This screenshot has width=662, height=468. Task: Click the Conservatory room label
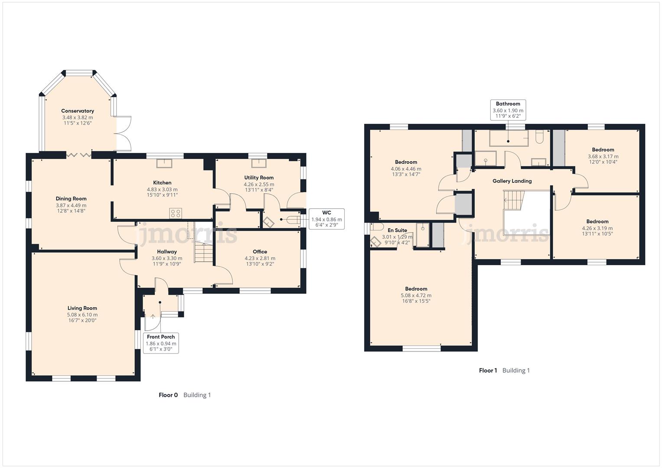pyautogui.click(x=77, y=111)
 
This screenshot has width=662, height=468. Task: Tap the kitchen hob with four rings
pyautogui.click(x=176, y=213)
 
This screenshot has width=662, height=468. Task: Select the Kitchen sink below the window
pyautogui.click(x=164, y=163)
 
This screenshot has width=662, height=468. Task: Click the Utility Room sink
pyautogui.click(x=259, y=163)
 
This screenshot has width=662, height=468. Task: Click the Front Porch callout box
pyautogui.click(x=161, y=343)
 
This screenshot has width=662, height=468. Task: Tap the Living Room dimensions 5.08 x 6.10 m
pyautogui.click(x=82, y=315)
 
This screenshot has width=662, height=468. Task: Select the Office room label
pyautogui.click(x=260, y=251)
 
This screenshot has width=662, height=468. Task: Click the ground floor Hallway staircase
pyautogui.click(x=203, y=253)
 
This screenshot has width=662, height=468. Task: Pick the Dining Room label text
pyautogui.click(x=71, y=199)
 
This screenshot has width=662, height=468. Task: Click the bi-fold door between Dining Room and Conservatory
pyautogui.click(x=79, y=154)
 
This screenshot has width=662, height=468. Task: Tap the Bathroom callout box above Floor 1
pyautogui.click(x=508, y=110)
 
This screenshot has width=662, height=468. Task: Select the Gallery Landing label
pyautogui.click(x=512, y=181)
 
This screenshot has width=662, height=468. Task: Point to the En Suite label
pyautogui.click(x=397, y=230)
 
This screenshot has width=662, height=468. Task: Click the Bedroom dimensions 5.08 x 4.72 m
pyautogui.click(x=416, y=296)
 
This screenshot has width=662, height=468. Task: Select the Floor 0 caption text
pyautogui.click(x=168, y=395)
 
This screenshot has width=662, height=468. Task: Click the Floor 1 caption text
pyautogui.click(x=488, y=370)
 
